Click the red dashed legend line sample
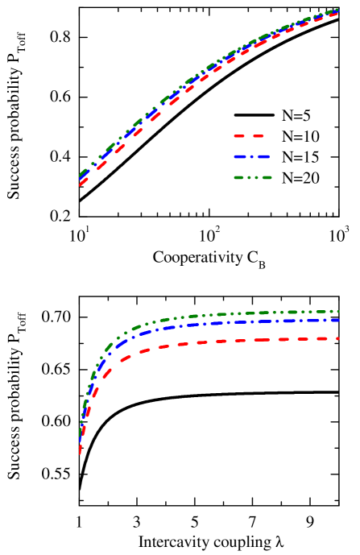click(249, 136)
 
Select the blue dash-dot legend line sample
click(251, 157)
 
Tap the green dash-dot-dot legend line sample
click(252, 177)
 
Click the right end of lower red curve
click(337, 338)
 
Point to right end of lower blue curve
click(337, 320)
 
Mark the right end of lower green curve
click(337, 311)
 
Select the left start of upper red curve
click(80, 184)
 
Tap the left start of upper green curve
click(80, 174)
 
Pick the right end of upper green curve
click(337, 10)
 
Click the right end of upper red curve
click(337, 14)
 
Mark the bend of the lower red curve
click(113, 365)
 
